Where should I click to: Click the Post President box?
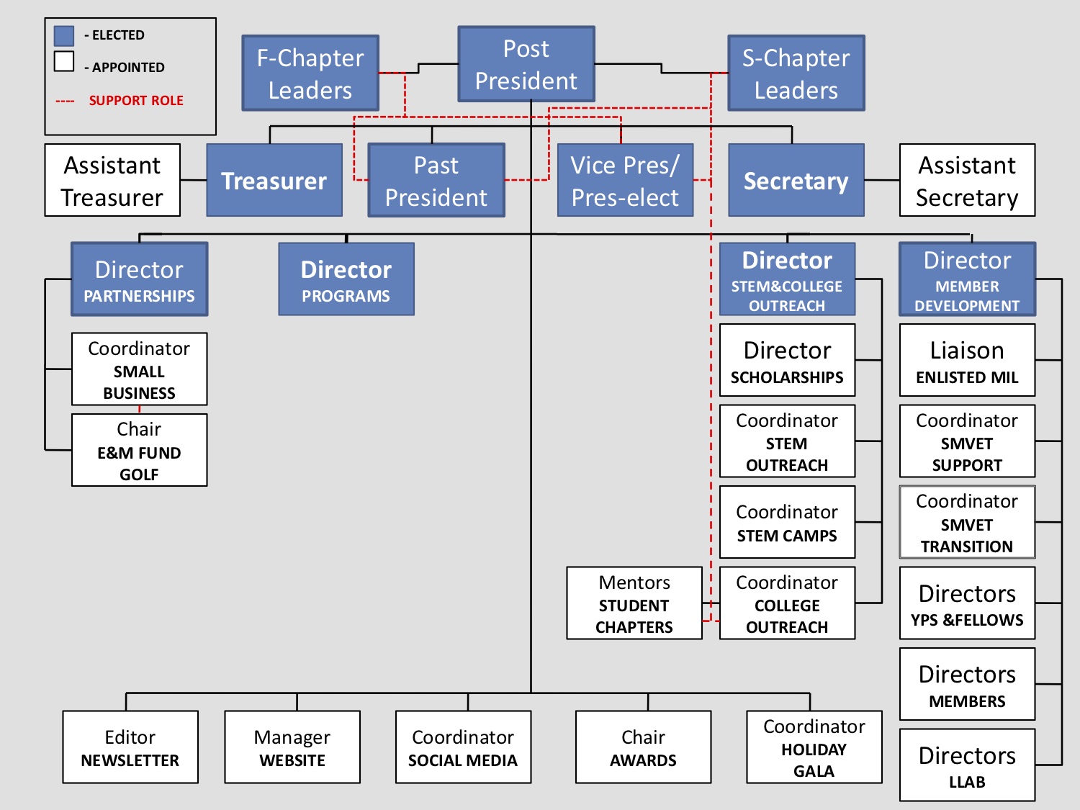526,64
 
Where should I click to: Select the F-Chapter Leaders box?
310,73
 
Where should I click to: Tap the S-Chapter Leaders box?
796,73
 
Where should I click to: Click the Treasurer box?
274,180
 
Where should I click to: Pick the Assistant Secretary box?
967,180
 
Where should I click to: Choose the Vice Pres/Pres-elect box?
625,180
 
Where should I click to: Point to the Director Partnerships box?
139,279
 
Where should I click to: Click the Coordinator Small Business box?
139,369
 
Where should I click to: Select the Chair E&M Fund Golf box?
139,450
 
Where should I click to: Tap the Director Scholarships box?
787,360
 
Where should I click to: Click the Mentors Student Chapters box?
634,603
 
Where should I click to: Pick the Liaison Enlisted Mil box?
967,360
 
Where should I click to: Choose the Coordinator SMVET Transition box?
967,522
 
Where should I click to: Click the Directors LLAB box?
967,765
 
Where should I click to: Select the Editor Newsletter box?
130,747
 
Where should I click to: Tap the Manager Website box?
292,747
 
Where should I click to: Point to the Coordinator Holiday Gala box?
814,747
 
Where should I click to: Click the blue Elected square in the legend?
64,36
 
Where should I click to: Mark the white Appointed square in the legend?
64,62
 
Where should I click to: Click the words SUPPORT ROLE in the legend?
136,101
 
